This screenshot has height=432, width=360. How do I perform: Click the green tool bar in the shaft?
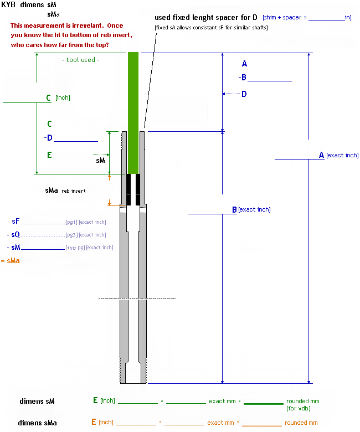tap(133, 111)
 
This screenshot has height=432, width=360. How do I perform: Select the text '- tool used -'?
tap(81, 60)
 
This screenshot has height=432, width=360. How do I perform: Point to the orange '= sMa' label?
tap(11, 260)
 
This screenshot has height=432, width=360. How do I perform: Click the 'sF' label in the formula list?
tap(16, 222)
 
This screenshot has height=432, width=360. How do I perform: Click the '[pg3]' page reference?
tap(71, 235)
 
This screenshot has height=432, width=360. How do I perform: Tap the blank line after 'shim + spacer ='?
tap(326, 18)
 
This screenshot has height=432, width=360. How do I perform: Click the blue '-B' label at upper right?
tap(242, 78)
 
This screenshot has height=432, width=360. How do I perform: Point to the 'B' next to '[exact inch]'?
tap(234, 210)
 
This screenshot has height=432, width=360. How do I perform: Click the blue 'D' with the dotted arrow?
tap(244, 94)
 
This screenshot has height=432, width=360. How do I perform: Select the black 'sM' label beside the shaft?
tap(100, 160)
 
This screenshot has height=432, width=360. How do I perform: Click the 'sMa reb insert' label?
tap(65, 191)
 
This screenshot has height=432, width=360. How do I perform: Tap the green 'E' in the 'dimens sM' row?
tap(95, 400)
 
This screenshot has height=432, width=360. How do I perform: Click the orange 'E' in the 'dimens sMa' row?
tap(94, 422)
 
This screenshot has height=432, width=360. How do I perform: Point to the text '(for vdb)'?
tap(299, 408)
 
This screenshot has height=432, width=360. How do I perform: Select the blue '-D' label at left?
tap(48, 138)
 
